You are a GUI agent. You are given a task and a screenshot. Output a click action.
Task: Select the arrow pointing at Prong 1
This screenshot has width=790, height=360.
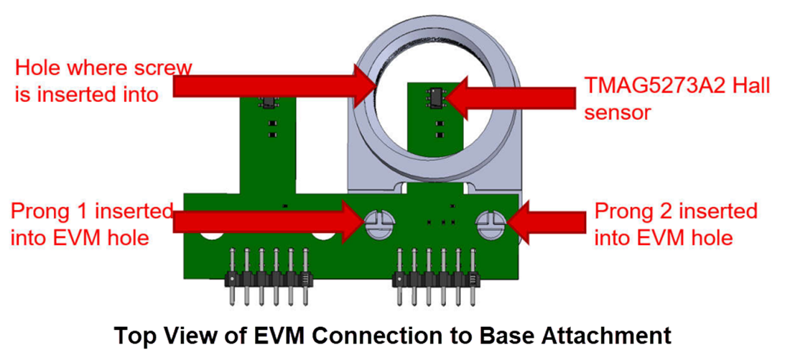pos(266,221)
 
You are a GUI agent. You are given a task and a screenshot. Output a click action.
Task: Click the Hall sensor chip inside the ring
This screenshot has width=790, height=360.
pos(434,96)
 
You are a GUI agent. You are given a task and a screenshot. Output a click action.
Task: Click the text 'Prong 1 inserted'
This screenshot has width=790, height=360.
pos(92,211)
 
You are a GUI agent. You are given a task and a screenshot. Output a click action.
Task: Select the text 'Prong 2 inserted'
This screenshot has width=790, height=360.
pos(676,211)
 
